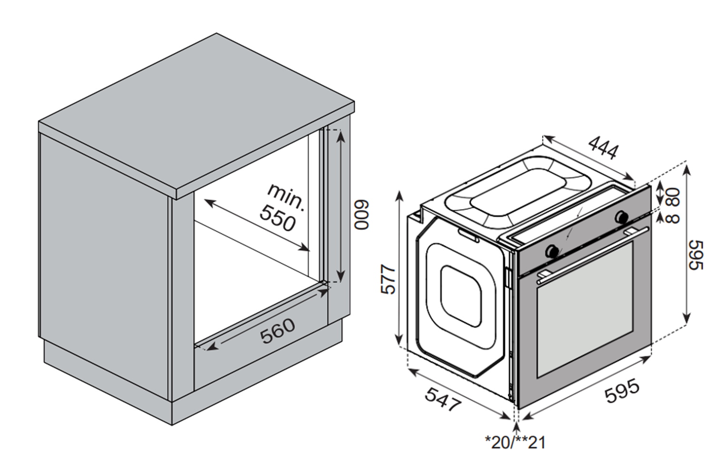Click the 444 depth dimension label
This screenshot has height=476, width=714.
coord(603,148)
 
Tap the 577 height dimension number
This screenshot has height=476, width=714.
coord(389,279)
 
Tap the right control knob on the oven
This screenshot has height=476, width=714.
coord(621,217)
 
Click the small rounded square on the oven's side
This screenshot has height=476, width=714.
coord(460,296)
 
